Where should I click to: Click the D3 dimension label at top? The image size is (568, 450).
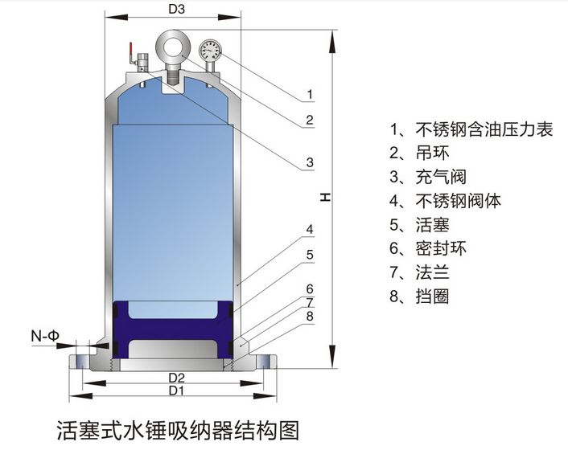(x=177, y=10)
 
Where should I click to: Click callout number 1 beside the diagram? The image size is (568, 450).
(x=310, y=96)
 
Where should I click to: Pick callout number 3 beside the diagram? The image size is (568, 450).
(x=310, y=164)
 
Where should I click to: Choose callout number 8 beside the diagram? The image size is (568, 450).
(x=309, y=317)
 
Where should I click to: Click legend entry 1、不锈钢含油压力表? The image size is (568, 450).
(x=471, y=129)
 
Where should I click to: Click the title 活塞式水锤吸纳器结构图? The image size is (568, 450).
(x=178, y=430)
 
